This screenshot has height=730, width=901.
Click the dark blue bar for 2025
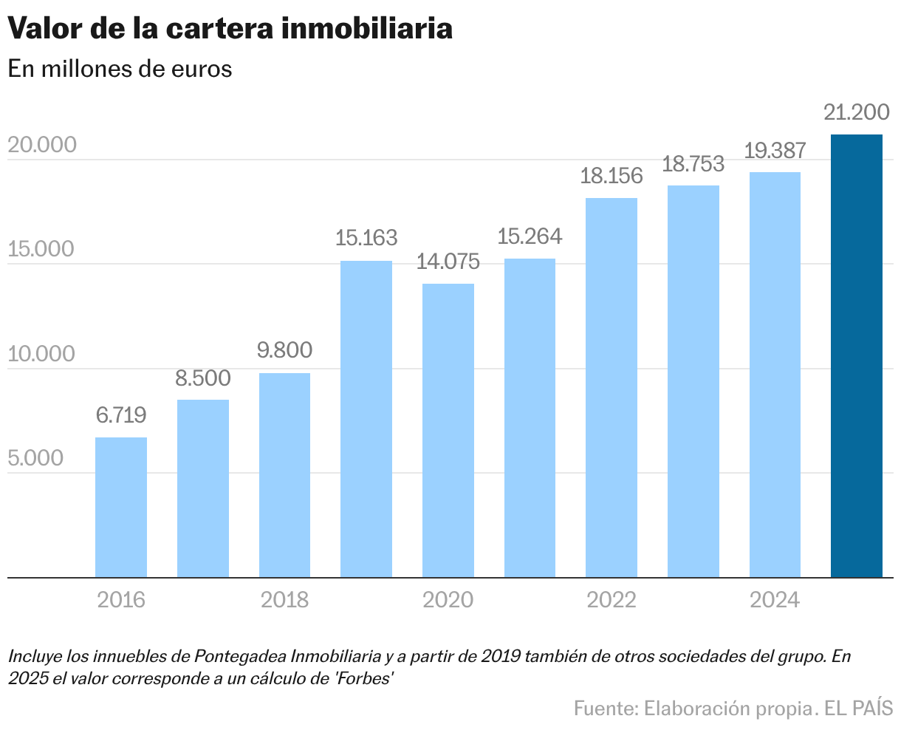click(856, 355)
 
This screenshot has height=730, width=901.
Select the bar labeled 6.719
click(121, 507)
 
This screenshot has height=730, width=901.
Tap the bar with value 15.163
click(366, 418)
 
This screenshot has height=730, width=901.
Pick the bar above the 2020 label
click(448, 430)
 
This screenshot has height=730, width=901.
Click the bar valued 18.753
click(693, 381)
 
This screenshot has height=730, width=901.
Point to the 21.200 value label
click(856, 113)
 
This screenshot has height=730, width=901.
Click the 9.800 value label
click(284, 350)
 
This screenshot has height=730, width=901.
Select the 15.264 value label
click(530, 236)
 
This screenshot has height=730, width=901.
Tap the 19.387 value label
click(774, 150)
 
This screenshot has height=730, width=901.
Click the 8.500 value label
click(202, 378)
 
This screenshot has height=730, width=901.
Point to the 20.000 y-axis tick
click(42, 145)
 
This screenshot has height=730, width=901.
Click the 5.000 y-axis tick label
click(36, 458)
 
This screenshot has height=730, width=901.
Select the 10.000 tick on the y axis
click(41, 354)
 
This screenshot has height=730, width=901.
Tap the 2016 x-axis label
click(121, 599)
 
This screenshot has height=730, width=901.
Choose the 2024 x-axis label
click(774, 599)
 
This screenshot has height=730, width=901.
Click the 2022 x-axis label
click(611, 599)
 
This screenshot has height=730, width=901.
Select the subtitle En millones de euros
click(120, 69)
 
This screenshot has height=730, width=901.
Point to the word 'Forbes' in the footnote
click(363, 678)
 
